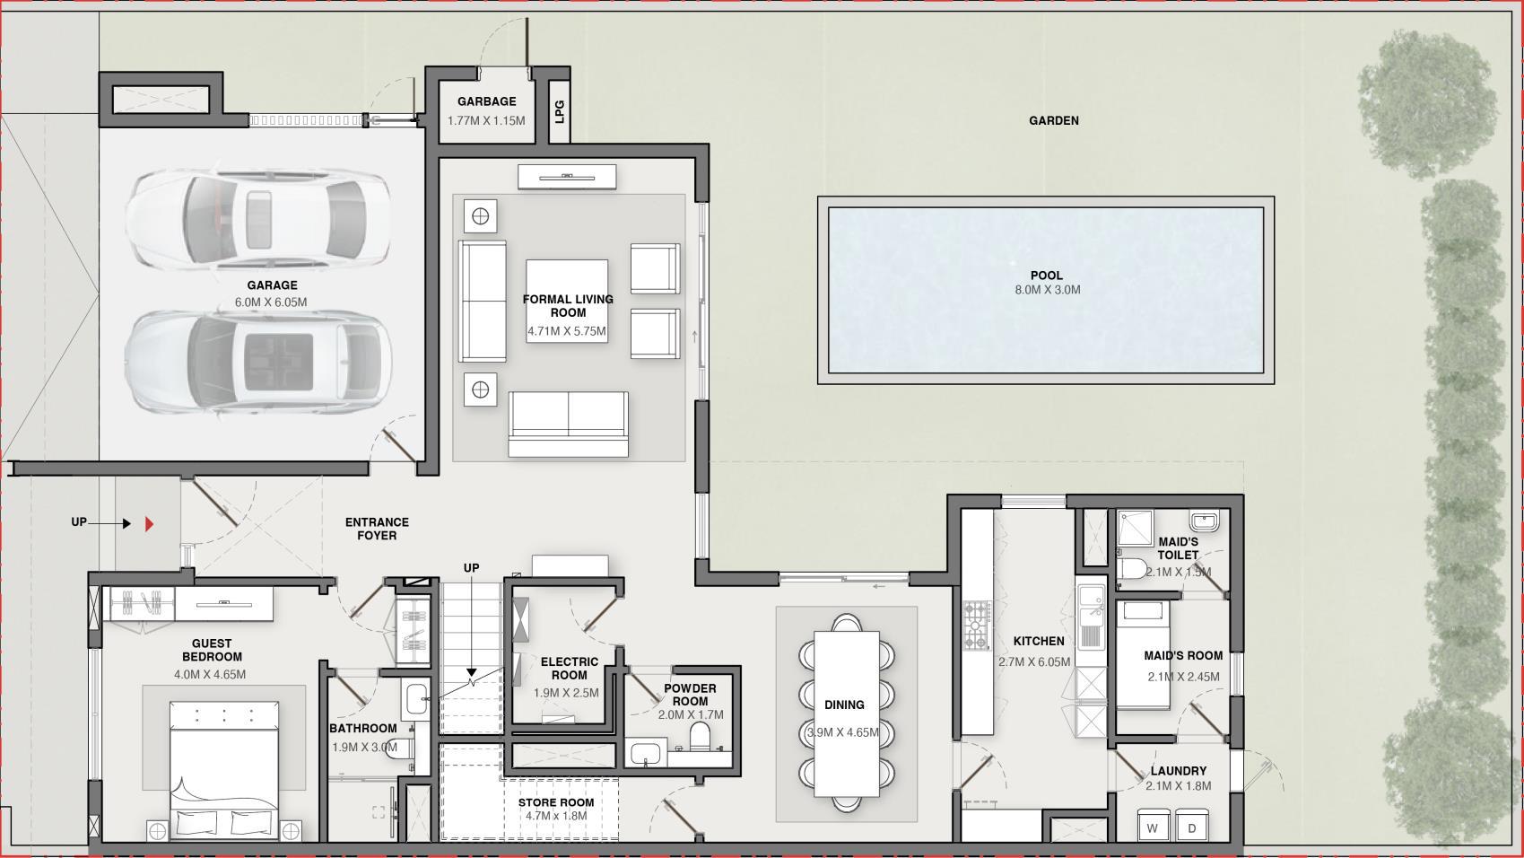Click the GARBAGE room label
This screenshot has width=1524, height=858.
pos(486,101)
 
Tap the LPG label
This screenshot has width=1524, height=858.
pos(559,111)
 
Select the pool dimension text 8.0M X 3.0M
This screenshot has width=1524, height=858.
pos(1047,289)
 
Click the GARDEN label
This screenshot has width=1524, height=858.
pos(1053,120)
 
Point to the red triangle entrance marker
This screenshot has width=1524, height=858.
pos(149,523)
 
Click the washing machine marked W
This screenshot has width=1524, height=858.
pos(1153,826)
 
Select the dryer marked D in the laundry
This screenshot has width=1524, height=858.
pos(1191,826)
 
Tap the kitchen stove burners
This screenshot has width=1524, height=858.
pos(976,626)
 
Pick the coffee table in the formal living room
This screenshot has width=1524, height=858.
pos(567,301)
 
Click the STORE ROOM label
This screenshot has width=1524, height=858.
pos(556,802)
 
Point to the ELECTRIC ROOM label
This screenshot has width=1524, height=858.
pos(570,668)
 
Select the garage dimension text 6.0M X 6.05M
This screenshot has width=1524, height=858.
pos(271,302)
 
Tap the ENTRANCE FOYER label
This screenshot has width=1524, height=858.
pos(377,530)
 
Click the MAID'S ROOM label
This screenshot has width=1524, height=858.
pos(1183,656)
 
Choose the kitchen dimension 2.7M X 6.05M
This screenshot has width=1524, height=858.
pos(1034,661)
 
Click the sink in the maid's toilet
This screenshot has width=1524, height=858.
pos(1205,521)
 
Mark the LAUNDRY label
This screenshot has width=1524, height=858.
pos(1179,771)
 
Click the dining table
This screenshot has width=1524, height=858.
pos(847,714)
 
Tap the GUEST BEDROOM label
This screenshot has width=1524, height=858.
pos(212,650)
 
